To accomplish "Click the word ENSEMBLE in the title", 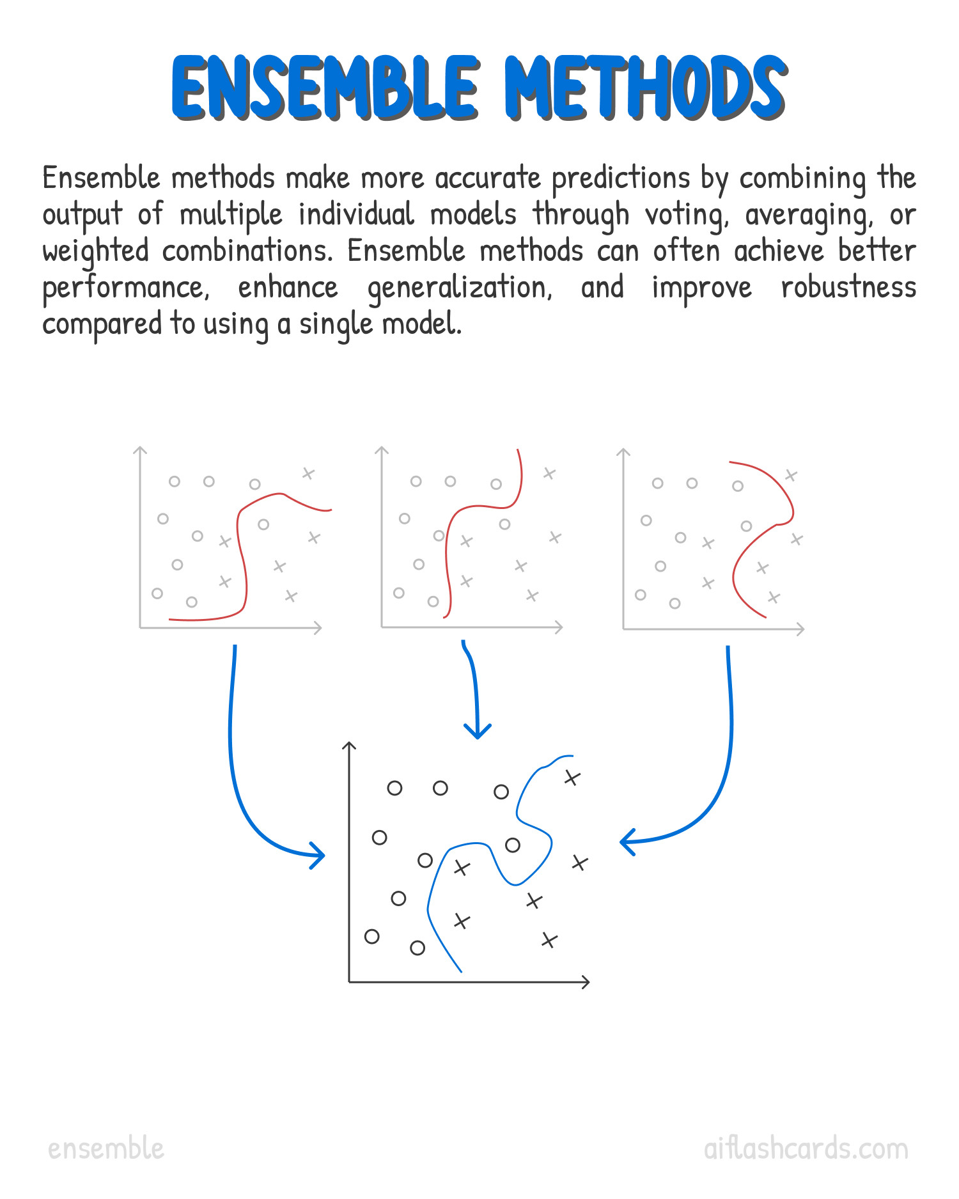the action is point(325,88).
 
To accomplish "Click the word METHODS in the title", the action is point(646,88).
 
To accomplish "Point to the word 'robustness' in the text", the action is point(848,288).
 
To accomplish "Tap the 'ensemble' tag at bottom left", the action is point(106,1148).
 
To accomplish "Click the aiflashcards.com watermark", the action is point(806,1148).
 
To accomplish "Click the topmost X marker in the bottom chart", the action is point(572,778).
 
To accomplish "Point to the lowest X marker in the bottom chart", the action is point(549,941).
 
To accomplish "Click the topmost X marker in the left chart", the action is point(308,474).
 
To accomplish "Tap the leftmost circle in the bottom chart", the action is point(372,937).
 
